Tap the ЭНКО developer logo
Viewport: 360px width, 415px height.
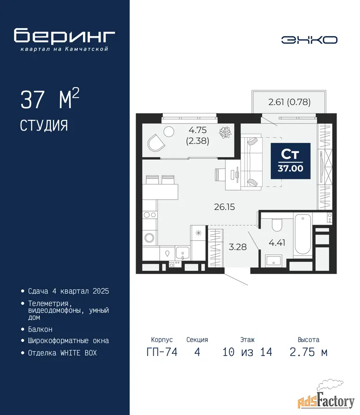tap(309, 40)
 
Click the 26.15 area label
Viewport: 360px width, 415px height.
tap(224, 207)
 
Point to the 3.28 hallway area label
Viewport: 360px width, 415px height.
tap(238, 247)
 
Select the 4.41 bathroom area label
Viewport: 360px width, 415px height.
tap(277, 243)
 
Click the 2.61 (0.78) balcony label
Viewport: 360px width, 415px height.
tap(289, 102)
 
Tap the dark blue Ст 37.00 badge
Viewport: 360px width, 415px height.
tap(290, 161)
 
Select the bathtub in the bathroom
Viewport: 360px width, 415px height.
tap(303, 235)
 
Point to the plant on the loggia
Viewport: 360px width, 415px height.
tap(225, 132)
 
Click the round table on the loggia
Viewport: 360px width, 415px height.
tap(169, 131)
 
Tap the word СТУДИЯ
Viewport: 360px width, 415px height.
tap(44, 126)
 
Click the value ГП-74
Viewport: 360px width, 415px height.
tap(162, 352)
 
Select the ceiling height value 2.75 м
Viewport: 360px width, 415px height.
tap(309, 352)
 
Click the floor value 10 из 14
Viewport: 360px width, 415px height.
tap(247, 352)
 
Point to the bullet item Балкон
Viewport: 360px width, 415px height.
tap(40, 330)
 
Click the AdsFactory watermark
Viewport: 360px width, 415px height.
tap(326, 397)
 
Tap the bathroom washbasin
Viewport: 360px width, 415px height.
tap(274, 261)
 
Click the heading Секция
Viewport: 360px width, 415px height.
tap(197, 339)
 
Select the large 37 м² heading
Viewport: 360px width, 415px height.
tap(50, 99)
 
